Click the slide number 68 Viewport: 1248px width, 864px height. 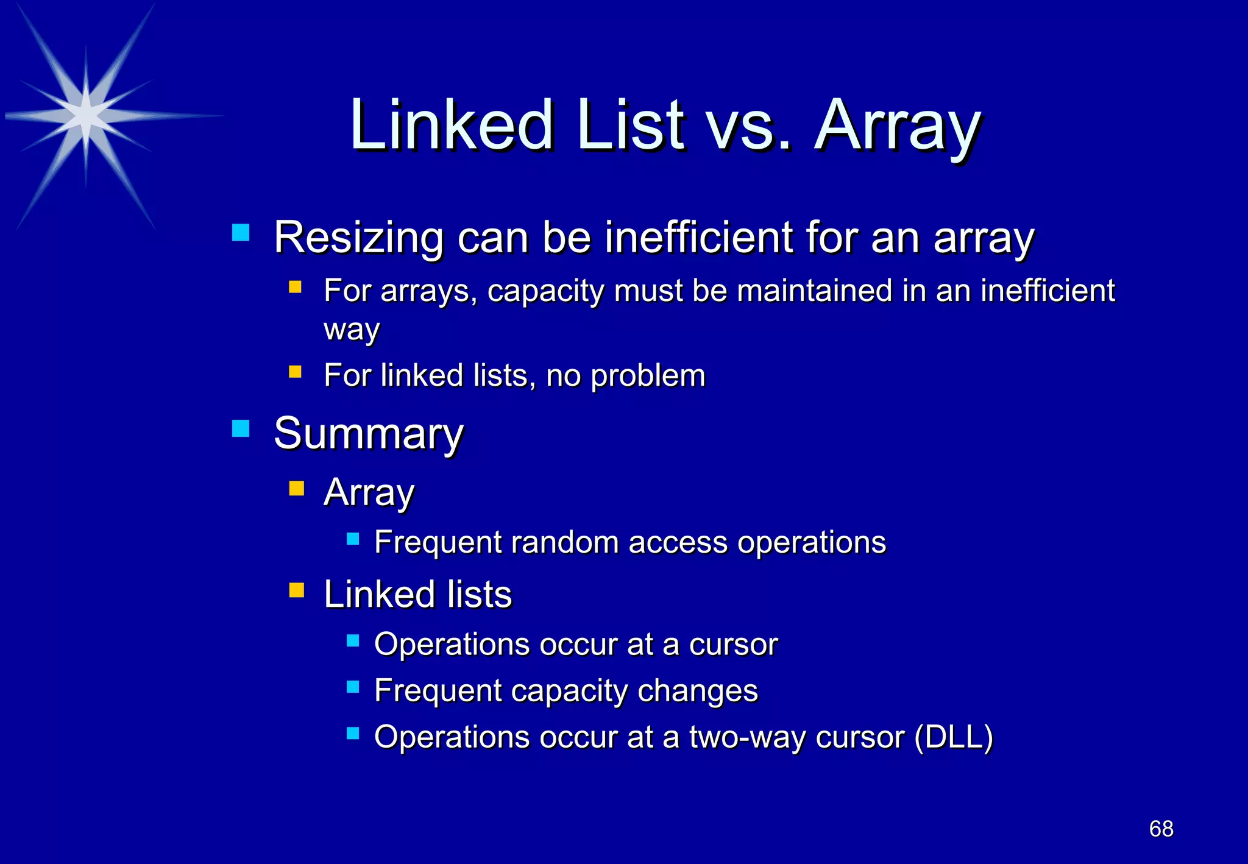coord(1161,829)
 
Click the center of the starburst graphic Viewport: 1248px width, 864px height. coord(86,116)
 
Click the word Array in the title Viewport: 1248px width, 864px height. coord(898,127)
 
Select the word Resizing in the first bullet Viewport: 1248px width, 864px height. coord(358,238)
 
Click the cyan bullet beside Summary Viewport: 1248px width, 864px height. coord(241,428)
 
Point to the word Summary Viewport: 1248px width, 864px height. coord(369,434)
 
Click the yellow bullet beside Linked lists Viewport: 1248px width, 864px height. coord(296,590)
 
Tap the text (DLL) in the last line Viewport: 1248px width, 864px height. coord(954,737)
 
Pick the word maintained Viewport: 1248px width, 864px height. coord(814,291)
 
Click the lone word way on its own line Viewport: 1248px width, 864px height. coord(352,330)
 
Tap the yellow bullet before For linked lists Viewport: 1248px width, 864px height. coord(296,372)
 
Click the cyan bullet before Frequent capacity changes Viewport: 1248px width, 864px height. coord(353,687)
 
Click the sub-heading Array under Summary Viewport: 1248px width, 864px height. coord(369,492)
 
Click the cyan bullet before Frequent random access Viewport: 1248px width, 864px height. coord(353,539)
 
